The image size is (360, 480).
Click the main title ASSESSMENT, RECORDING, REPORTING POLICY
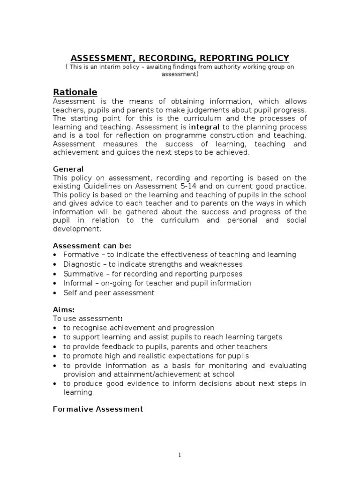(x=180, y=58)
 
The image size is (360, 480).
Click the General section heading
(x=68, y=169)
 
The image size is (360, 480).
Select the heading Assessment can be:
(x=92, y=246)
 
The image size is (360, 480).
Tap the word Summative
(x=82, y=274)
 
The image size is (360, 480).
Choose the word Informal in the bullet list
(x=78, y=283)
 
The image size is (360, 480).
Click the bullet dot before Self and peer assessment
(x=55, y=293)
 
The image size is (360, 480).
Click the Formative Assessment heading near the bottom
(x=97, y=409)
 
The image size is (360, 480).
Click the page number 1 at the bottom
(x=180, y=454)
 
